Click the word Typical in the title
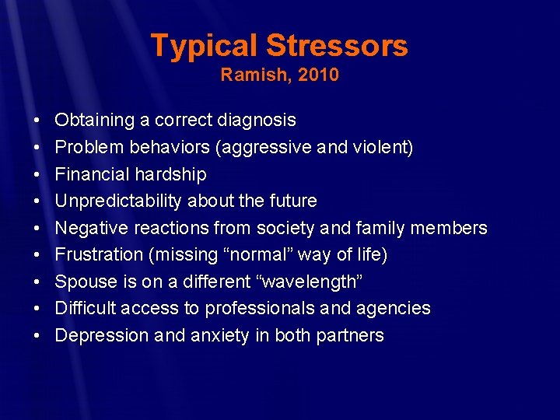[204, 46]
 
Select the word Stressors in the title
[337, 46]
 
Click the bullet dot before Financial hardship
[37, 174]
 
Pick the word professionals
[263, 309]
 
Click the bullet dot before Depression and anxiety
[37, 336]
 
